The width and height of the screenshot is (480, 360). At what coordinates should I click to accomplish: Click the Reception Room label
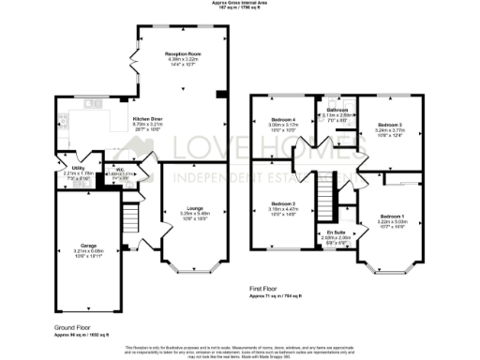184,54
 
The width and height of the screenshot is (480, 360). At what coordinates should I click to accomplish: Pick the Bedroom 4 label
284,120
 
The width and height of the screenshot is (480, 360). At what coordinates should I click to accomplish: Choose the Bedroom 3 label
389,125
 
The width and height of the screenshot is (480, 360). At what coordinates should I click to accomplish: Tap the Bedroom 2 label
284,203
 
